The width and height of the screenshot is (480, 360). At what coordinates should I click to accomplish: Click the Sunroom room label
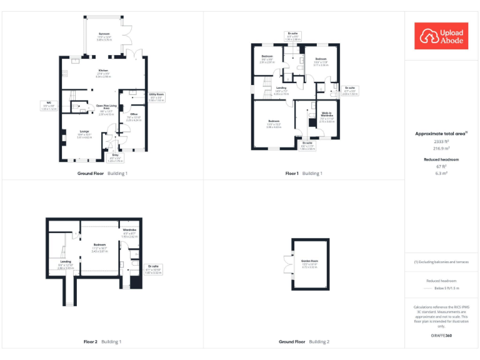click(x=104, y=36)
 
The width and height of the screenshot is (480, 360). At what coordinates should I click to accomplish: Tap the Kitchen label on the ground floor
click(x=103, y=73)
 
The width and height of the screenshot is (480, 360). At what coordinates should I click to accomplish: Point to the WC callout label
click(x=49, y=106)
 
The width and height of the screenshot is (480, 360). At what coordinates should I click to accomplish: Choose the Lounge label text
click(x=84, y=133)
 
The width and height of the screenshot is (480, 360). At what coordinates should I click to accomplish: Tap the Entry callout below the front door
click(x=115, y=159)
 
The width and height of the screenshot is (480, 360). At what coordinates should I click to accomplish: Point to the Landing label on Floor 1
click(x=281, y=90)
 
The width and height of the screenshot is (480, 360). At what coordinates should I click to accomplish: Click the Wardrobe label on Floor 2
click(x=129, y=231)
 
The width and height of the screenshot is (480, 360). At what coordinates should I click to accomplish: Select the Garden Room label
click(x=310, y=263)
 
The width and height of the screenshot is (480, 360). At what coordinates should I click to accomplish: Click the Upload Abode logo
click(x=442, y=36)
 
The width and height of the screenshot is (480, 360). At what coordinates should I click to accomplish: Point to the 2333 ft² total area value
click(x=442, y=142)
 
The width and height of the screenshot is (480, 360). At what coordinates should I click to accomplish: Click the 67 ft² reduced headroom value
click(x=442, y=167)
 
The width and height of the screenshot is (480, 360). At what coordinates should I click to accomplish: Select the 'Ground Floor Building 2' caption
click(x=304, y=342)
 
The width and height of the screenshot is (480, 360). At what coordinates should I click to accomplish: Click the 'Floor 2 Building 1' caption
click(x=102, y=342)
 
